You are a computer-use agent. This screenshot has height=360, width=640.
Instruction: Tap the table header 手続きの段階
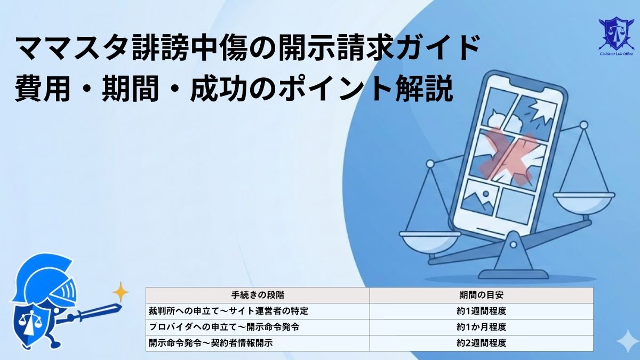(257, 295)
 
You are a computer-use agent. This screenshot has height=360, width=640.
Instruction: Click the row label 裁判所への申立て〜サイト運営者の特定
(229, 311)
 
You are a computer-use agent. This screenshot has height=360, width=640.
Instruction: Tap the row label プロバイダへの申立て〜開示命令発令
(224, 327)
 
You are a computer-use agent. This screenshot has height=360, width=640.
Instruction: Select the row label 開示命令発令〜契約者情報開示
(211, 343)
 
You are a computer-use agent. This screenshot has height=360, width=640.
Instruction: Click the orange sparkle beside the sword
(121, 292)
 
